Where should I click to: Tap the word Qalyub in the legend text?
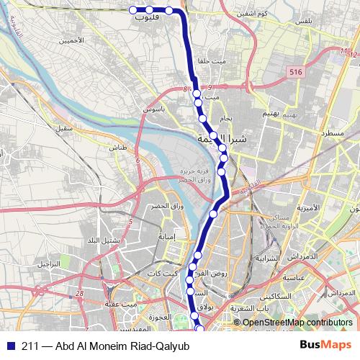click(x=171, y=346)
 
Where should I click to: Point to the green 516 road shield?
click(x=294, y=72)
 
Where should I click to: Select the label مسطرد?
click(x=332, y=134)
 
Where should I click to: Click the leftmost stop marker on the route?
click(x=133, y=9)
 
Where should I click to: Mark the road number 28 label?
click(x=78, y=293)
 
